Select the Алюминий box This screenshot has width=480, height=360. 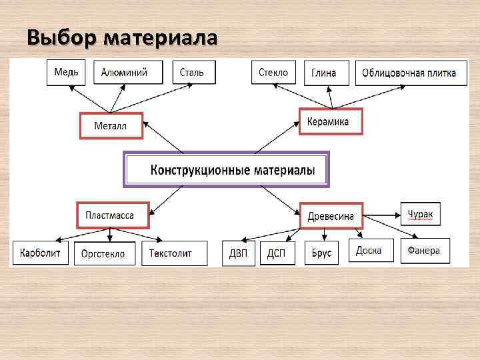124,73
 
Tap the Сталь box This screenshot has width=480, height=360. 193,73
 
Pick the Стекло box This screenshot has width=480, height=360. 273,73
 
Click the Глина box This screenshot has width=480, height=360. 324,73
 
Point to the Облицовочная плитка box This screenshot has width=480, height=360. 409,73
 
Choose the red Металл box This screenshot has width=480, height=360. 111,125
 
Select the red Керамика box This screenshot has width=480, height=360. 330,122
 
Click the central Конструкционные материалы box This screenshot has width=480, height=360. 227,170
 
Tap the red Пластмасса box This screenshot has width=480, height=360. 112,215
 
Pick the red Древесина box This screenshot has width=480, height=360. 331,216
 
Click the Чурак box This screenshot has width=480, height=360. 420,214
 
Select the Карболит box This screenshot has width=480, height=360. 41,253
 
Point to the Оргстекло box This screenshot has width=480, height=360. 103,253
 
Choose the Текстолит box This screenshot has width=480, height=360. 171,253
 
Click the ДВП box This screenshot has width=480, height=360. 239,253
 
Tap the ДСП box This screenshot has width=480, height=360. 277,253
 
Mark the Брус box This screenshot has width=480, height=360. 321,253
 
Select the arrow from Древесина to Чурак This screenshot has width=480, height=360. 381,215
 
